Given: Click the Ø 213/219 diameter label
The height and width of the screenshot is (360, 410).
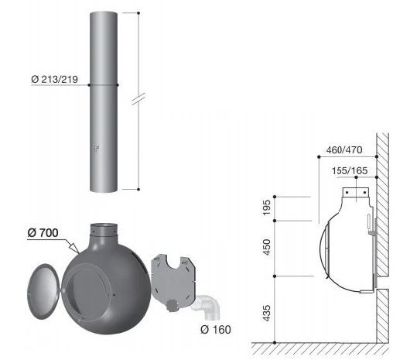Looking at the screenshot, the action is pos(55,79).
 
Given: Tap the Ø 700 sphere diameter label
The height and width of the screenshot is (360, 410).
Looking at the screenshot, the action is pos(43,232).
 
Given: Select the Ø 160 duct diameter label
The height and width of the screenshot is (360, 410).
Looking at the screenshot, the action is pos(216,330).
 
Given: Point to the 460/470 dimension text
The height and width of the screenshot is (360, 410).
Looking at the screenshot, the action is pos(344,150).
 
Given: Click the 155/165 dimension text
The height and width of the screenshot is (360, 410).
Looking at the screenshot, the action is pos(350,171).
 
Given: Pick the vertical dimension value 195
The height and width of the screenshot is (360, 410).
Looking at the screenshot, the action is pos(267,207).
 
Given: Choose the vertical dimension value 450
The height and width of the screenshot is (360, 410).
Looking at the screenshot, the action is pos(267,247).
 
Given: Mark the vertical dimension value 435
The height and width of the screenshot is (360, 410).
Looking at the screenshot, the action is pos(267,314).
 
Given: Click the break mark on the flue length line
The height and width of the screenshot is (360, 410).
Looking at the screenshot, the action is pos(138,99).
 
